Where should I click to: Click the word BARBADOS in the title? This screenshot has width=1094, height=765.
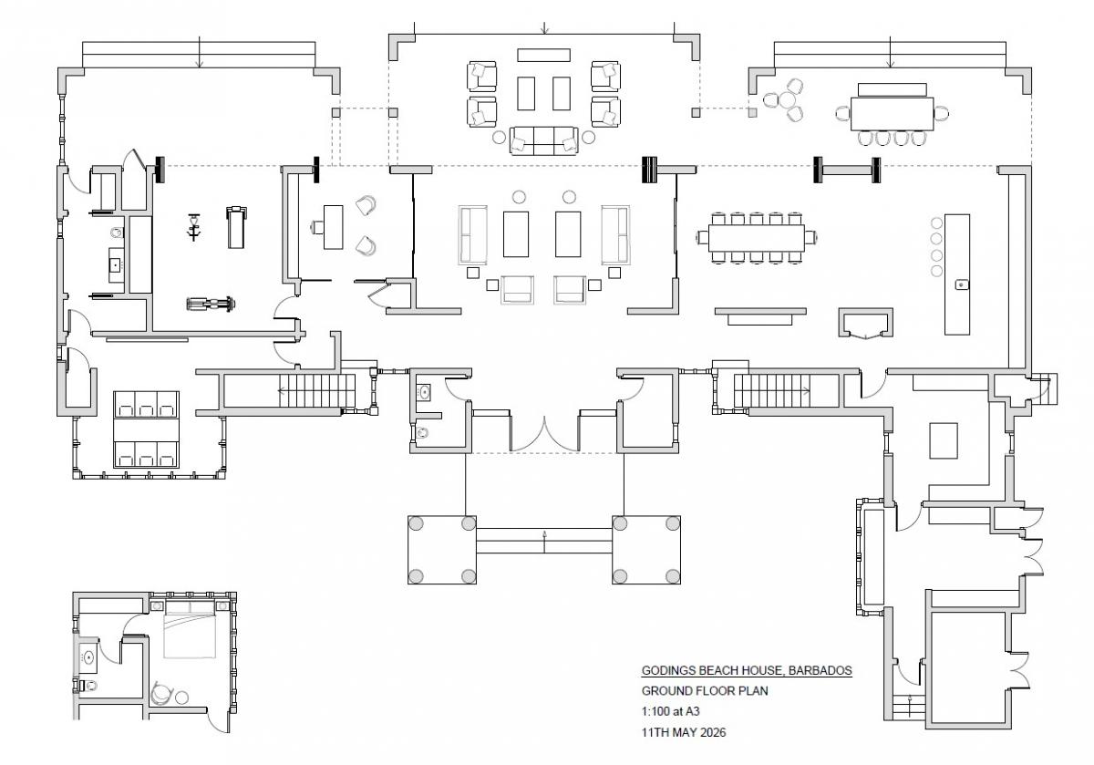pos(820,670)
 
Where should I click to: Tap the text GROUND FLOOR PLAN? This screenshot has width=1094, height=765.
pos(704,691)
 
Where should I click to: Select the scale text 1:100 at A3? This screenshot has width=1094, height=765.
pos(670,711)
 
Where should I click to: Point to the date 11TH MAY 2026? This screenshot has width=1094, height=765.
pos(683,732)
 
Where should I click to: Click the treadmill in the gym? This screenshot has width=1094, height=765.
pos(236,227)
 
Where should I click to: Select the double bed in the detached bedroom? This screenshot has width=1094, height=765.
pos(190,636)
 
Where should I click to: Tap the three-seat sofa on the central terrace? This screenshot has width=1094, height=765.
pos(543,140)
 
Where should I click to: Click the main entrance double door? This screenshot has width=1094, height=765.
pos(544,436)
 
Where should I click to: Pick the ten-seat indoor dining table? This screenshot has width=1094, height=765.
pos(756,238)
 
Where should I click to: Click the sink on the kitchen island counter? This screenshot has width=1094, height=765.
pos(961,284)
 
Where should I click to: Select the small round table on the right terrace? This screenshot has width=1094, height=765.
pos(788,100)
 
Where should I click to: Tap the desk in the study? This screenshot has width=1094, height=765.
pos(333,227)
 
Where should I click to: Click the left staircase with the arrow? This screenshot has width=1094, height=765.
pos(316,390)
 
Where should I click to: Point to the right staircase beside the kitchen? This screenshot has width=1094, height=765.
pos(771,390)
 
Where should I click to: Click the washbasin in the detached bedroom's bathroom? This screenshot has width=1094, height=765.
pos(89,657)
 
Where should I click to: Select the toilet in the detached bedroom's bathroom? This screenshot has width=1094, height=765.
pos(88,686)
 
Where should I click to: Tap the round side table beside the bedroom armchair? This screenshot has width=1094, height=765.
pos(181,698)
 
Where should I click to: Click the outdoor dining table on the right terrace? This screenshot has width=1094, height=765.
pos(892,114)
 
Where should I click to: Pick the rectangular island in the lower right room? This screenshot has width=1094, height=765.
pos(943,440)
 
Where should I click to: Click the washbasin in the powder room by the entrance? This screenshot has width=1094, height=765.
pos(423,392)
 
